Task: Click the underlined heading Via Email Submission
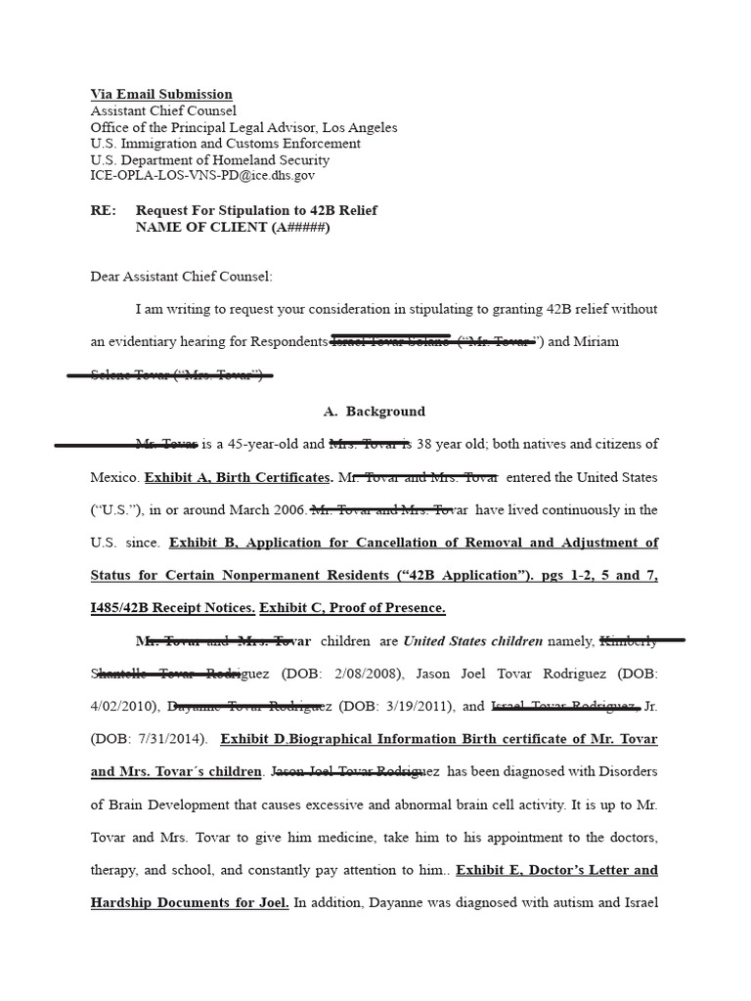click(161, 95)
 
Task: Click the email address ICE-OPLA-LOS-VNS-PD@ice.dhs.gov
click(202, 176)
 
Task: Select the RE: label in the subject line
click(103, 210)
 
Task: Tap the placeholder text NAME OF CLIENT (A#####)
click(233, 227)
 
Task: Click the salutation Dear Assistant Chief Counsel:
click(181, 277)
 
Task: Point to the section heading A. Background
click(360, 412)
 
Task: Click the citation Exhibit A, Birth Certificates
click(238, 478)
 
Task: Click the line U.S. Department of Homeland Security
click(209, 160)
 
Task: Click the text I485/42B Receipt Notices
click(173, 608)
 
